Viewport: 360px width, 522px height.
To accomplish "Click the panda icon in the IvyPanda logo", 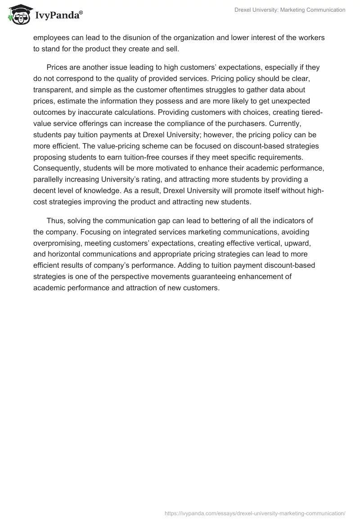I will (17, 15).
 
